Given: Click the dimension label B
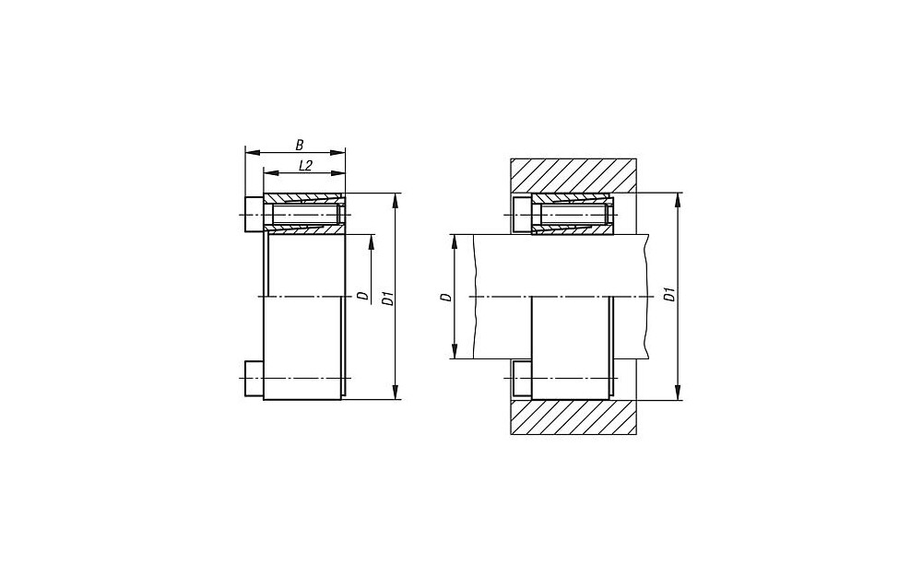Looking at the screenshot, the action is point(300,144).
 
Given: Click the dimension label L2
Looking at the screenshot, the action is point(304,165).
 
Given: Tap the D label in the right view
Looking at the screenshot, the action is point(446,297).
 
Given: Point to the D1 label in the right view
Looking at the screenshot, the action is point(669,295).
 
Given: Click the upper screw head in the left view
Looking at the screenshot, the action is point(254,215).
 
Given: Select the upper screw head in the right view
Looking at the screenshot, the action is point(523,215).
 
